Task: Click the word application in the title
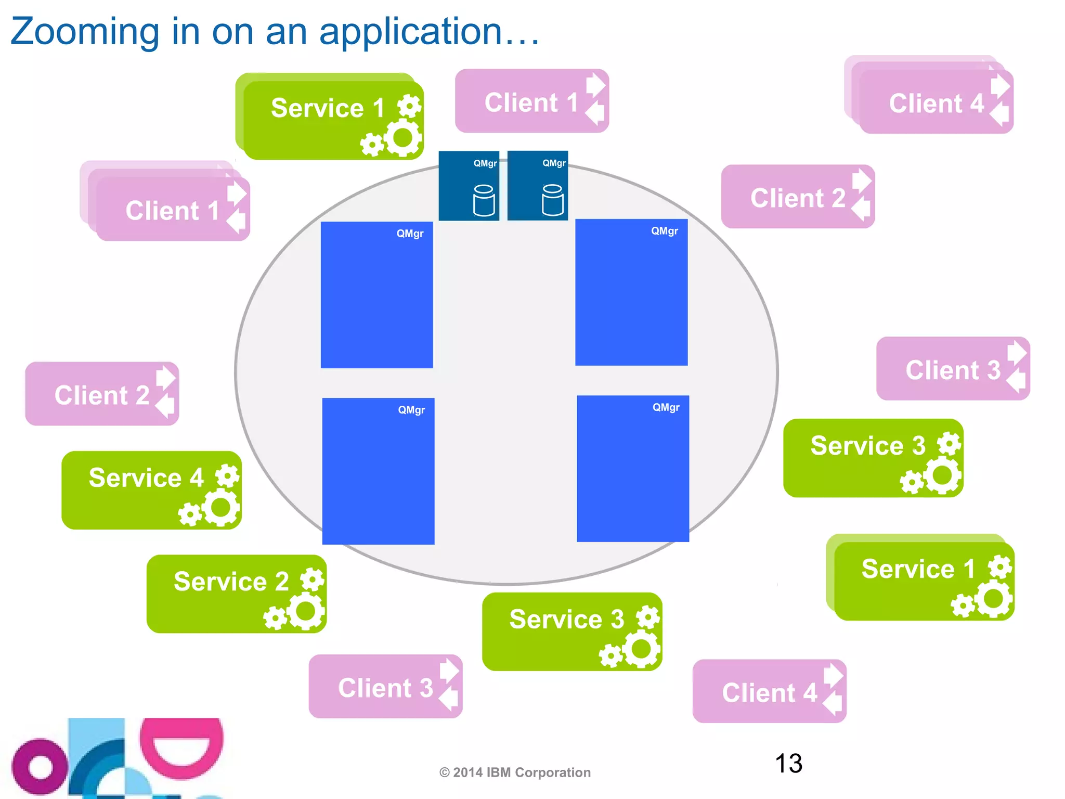[x=411, y=32]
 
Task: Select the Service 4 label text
[x=146, y=478]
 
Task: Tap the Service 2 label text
[x=231, y=581]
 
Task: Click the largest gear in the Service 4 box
[x=221, y=508]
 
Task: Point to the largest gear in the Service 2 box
[x=306, y=611]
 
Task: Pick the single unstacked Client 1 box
[x=530, y=101]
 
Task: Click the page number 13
[x=788, y=763]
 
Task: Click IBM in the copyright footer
[x=498, y=772]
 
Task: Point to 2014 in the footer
[x=467, y=772]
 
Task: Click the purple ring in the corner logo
[x=40, y=767]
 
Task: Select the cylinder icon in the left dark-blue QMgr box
[x=484, y=200]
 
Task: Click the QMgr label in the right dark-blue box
[x=553, y=163]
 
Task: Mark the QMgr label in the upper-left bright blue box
[x=410, y=234]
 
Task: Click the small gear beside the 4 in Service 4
[x=227, y=475]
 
